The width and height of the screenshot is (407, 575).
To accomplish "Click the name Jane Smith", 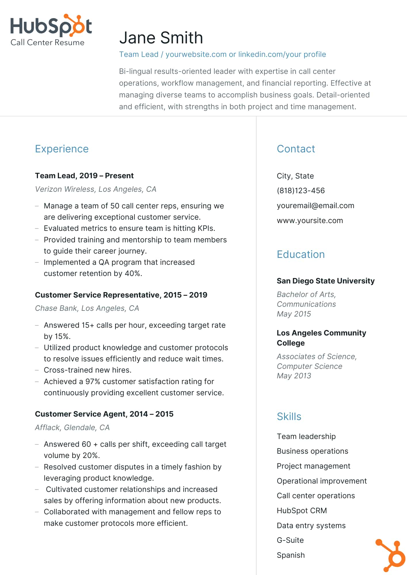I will pos(161,38).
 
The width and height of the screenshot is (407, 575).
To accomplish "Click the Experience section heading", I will pos(62,149).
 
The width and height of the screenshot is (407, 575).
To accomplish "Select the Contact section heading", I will pos(296,149).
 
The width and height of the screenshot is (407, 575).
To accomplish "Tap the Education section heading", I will pos(301,254).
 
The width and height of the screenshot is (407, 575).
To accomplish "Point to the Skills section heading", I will pos(289,417).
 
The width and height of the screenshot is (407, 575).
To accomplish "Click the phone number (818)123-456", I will pos(301,191).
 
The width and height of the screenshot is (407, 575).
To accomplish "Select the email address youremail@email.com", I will pos(315,206).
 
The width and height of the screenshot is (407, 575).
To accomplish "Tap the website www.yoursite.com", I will pos(310,221).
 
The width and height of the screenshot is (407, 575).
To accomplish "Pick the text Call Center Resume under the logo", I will pos(47,43).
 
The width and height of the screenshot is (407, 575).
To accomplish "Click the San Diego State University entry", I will pos(326,281).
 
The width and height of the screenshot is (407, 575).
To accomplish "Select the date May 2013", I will pos(294,376).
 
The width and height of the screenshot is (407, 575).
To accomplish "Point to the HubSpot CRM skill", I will pos(302,511).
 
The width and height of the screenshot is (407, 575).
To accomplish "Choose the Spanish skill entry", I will pos(290,555).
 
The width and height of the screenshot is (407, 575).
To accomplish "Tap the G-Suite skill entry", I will pos(290,540).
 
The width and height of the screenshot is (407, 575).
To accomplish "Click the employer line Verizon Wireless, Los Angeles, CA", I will pos(96,189).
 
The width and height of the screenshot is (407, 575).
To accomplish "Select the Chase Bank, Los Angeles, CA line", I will pos(87,308).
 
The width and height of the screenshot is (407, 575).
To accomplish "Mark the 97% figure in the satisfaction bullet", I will pos(93,382).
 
